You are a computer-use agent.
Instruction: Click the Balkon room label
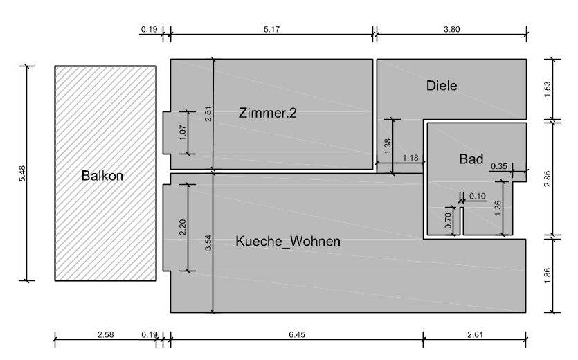coord(102,175)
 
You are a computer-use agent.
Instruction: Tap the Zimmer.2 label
coord(268,113)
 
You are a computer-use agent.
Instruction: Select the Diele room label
coord(442,86)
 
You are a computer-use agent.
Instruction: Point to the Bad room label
coord(471,159)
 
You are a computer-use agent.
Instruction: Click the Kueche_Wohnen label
coord(288,241)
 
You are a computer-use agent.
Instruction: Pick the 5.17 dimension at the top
coord(271,30)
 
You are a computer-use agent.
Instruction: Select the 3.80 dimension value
coord(451,30)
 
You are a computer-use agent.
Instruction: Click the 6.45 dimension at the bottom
coord(297,335)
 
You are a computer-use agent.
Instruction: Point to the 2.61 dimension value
coord(475,335)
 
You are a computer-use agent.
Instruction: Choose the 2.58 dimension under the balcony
coord(105,335)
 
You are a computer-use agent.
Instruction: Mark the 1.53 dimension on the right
coord(548,89)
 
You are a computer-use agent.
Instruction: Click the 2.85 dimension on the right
coord(548,179)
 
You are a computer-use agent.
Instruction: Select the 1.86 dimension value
coord(548,276)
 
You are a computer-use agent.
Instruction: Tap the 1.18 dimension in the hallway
coord(410,158)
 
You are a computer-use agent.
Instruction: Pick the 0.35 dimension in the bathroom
coord(499,166)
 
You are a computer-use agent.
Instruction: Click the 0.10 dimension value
coord(478,196)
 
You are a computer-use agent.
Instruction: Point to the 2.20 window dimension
coord(183,228)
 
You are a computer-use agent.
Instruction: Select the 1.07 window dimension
coord(183,133)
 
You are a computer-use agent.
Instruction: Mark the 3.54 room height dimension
coord(208,243)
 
